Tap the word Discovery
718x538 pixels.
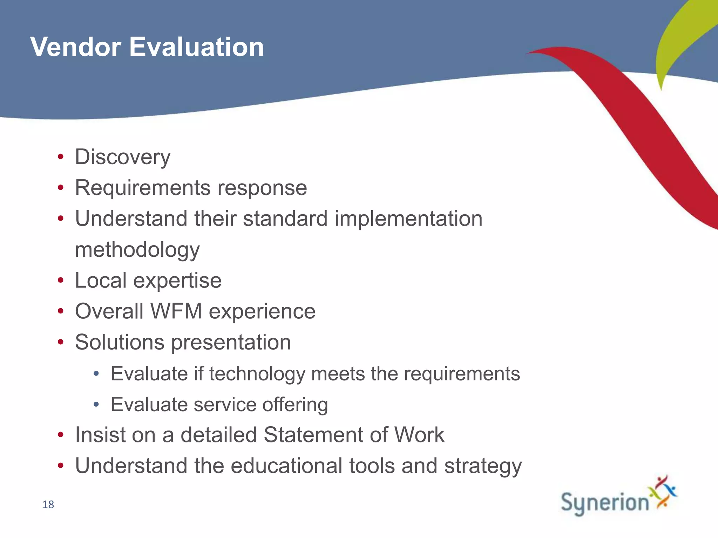(x=123, y=157)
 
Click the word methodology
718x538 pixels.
(x=137, y=250)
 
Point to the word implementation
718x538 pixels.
(x=408, y=219)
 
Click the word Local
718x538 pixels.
(x=101, y=281)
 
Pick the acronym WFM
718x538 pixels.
(x=176, y=311)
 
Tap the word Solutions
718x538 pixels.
(x=120, y=342)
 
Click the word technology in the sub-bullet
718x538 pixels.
(x=257, y=374)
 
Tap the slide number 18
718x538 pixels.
(x=48, y=505)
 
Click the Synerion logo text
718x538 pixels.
(x=605, y=503)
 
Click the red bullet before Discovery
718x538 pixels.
(x=61, y=157)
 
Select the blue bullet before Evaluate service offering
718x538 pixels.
(x=96, y=405)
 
